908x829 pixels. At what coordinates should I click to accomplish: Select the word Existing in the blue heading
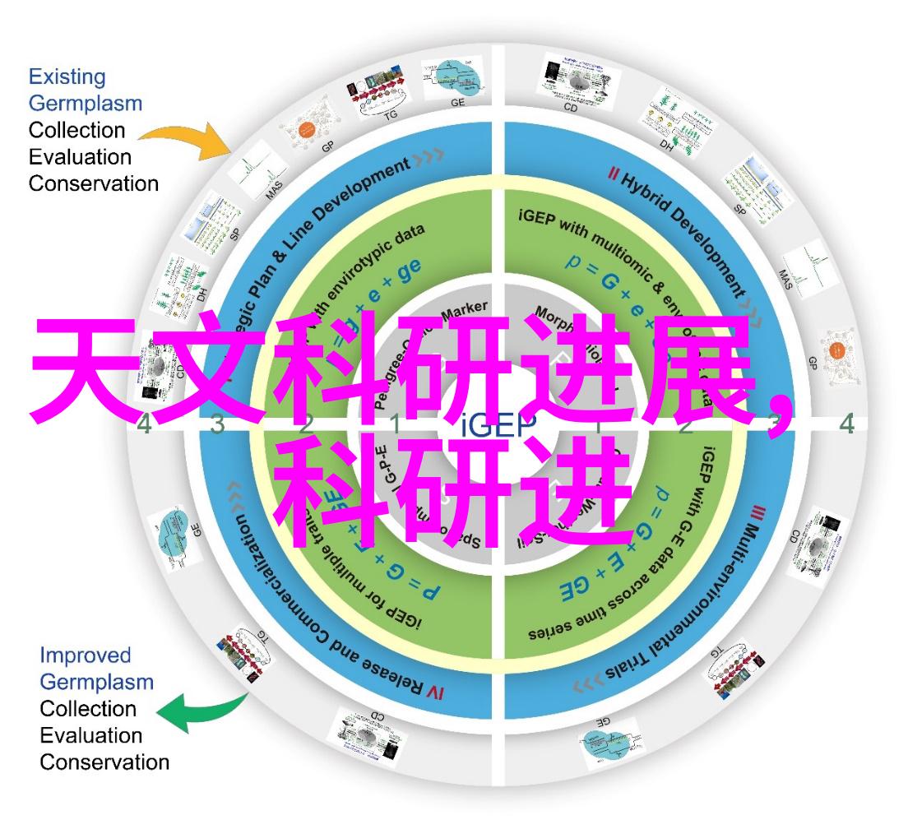click(x=67, y=78)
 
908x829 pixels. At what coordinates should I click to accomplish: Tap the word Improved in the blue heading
click(x=86, y=655)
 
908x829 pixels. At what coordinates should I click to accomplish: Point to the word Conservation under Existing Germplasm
click(x=94, y=183)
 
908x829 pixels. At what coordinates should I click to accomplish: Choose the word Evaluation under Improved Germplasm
click(x=91, y=735)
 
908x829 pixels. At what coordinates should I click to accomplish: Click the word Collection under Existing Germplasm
click(x=77, y=130)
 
